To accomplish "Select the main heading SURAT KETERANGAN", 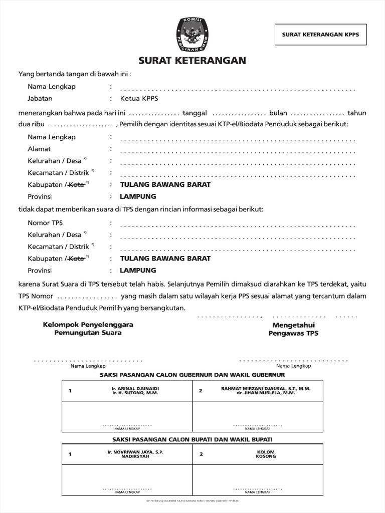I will click(x=192, y=61).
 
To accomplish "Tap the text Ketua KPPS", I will click(x=135, y=99).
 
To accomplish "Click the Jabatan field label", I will click(x=40, y=99).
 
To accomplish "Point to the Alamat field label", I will click(x=39, y=149).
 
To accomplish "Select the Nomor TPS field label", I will click(x=45, y=223).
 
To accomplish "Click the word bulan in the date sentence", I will click(x=278, y=113).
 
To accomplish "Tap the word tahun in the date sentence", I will click(x=357, y=113).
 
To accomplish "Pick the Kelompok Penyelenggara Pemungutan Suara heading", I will click(x=88, y=329).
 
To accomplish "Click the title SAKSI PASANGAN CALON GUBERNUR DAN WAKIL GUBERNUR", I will click(x=192, y=374).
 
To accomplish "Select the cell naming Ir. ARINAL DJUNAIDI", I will click(x=135, y=391).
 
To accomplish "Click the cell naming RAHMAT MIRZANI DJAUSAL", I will click(x=266, y=391).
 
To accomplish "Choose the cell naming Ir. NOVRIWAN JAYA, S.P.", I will click(x=135, y=454).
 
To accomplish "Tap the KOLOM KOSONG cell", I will click(x=266, y=454).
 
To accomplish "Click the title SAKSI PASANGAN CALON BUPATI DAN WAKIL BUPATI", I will click(x=192, y=439).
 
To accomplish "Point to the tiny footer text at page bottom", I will click(x=192, y=500).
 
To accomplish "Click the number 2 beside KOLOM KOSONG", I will click(x=201, y=454).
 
